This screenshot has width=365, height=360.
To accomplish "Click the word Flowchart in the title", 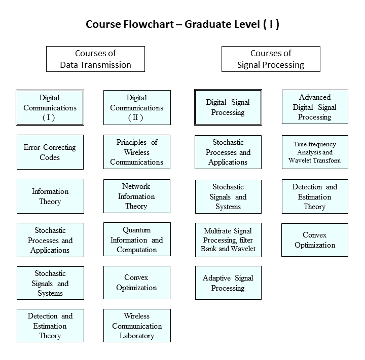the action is (x=148, y=24).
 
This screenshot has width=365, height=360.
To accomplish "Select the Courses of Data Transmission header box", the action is (x=95, y=59).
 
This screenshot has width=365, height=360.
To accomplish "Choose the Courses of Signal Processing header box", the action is (x=271, y=59).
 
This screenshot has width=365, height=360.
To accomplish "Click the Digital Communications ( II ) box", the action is (x=137, y=108).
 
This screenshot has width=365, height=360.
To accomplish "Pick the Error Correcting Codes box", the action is (x=50, y=152).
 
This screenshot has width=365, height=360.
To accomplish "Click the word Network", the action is (x=136, y=186).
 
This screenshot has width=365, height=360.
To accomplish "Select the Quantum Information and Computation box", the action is (x=137, y=239).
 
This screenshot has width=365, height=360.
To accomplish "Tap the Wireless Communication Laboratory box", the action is (x=137, y=326).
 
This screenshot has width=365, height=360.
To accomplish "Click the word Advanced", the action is (x=315, y=97).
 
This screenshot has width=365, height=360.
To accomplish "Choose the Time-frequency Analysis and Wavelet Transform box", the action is (x=315, y=152).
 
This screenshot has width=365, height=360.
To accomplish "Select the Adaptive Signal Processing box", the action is (x=228, y=283).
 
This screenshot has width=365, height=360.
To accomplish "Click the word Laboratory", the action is (x=137, y=336).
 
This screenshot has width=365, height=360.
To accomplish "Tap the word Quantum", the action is (x=137, y=230).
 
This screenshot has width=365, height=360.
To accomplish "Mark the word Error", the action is (x=31, y=147).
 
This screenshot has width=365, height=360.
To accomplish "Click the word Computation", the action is (x=137, y=250).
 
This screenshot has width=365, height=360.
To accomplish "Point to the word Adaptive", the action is (x=217, y=278).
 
